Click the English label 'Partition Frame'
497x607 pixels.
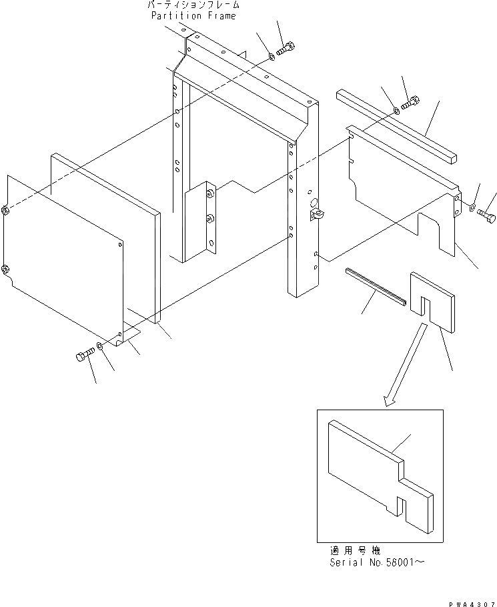[x=193, y=15]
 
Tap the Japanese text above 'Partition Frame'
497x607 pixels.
[x=193, y=5]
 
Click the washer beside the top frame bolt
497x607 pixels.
[x=272, y=57]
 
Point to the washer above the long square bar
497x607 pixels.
[x=396, y=110]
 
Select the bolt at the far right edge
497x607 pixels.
[x=486, y=215]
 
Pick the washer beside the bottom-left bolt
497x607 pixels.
[x=99, y=346]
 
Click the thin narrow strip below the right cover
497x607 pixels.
[x=376, y=285]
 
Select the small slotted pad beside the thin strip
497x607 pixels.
[x=434, y=299]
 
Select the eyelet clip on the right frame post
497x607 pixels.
[x=316, y=214]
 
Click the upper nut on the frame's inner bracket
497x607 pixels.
[x=210, y=193]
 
